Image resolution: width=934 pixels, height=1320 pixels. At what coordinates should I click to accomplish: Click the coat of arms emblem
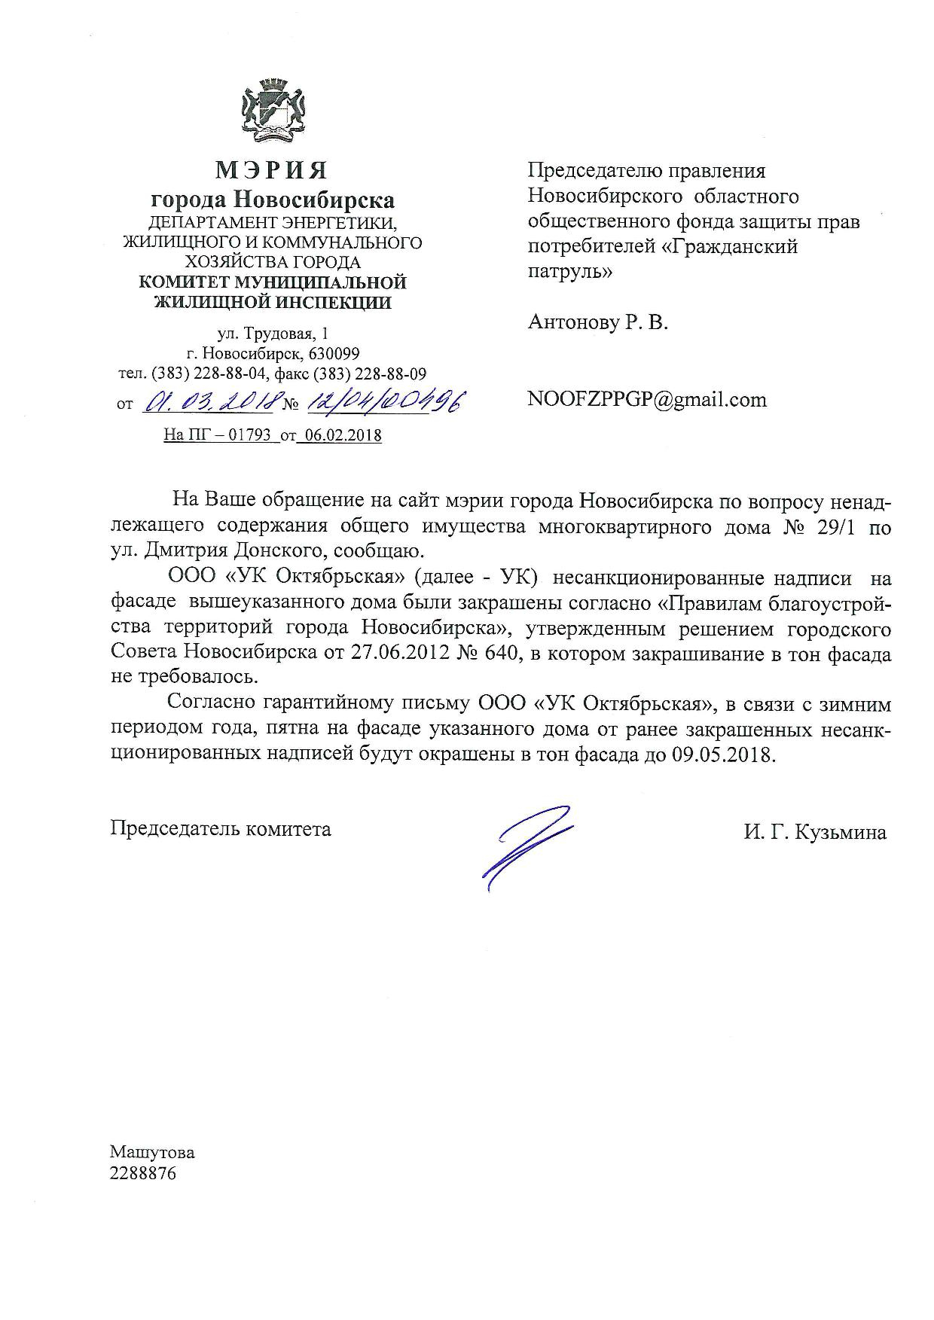pyautogui.click(x=272, y=113)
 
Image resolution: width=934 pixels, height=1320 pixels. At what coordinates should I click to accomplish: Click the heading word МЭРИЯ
pyautogui.click(x=272, y=171)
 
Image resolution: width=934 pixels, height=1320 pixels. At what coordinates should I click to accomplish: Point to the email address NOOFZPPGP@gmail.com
pyautogui.click(x=647, y=399)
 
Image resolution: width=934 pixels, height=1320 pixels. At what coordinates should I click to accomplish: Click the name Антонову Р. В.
pyautogui.click(x=598, y=323)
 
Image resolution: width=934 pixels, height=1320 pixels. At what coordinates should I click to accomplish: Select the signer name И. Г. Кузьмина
pyautogui.click(x=814, y=832)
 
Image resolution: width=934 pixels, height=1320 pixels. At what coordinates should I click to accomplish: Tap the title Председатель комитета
pyautogui.click(x=221, y=829)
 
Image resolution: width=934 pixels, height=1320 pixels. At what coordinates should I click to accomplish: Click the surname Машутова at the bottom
pyautogui.click(x=152, y=1153)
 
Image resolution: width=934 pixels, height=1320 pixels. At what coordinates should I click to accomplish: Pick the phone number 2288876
pyautogui.click(x=143, y=1174)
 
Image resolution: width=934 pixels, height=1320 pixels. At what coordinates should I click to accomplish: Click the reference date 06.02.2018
pyautogui.click(x=340, y=436)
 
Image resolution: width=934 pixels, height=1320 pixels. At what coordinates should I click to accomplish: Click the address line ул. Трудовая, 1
pyautogui.click(x=272, y=334)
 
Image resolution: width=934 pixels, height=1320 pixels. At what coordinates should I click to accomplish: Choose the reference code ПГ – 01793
pyautogui.click(x=230, y=436)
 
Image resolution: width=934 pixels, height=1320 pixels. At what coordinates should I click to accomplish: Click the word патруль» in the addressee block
pyautogui.click(x=570, y=272)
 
